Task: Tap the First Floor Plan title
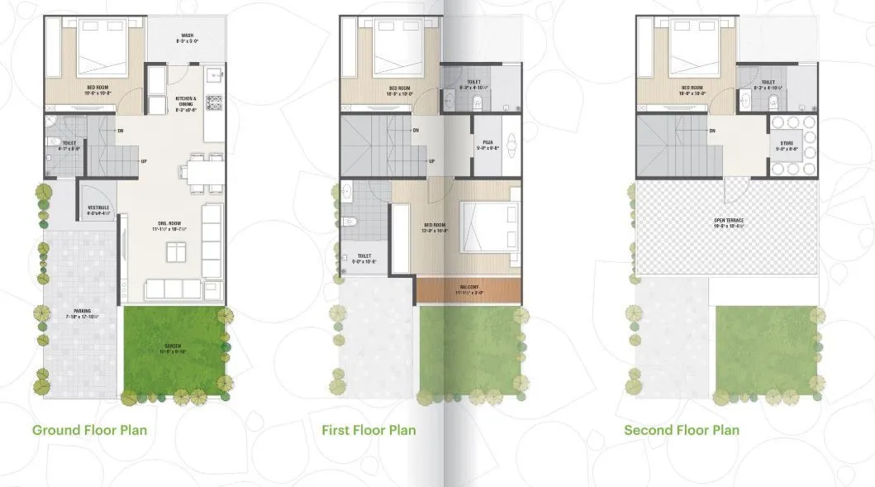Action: (369, 430)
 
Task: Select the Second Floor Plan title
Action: (681, 430)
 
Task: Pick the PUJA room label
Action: (487, 145)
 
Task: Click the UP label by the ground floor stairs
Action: (144, 161)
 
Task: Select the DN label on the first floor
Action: (415, 130)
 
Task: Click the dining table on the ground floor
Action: (202, 173)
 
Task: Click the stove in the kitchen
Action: (217, 103)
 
